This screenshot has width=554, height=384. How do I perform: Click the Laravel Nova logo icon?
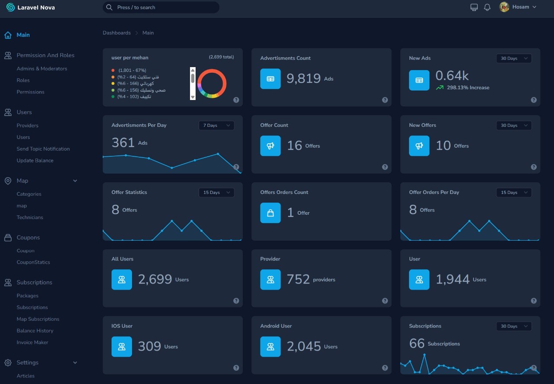(10, 7)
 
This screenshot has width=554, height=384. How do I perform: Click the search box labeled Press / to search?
(161, 7)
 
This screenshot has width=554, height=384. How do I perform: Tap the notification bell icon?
(487, 7)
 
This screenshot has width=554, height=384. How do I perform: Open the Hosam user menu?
(518, 7)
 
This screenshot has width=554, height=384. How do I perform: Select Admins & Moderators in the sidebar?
(42, 68)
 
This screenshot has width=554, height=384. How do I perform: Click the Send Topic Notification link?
(43, 148)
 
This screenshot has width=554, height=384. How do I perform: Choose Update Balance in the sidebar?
(35, 160)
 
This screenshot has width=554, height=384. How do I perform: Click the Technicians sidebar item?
(30, 217)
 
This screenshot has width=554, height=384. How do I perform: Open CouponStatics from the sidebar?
(33, 262)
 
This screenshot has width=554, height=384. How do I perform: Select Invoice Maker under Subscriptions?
(32, 342)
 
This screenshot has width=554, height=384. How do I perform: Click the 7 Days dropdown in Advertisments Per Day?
(216, 125)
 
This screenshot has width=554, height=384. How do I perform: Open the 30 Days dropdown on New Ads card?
(514, 58)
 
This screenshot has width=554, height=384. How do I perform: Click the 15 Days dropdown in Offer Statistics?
(216, 192)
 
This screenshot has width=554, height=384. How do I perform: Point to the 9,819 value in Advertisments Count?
(303, 78)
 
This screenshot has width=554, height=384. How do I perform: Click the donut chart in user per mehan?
(212, 83)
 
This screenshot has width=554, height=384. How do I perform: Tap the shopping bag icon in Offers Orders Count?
(271, 213)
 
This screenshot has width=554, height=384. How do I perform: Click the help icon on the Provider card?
(385, 301)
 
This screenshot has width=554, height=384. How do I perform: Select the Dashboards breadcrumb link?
(116, 33)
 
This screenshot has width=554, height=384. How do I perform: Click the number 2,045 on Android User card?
(304, 346)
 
